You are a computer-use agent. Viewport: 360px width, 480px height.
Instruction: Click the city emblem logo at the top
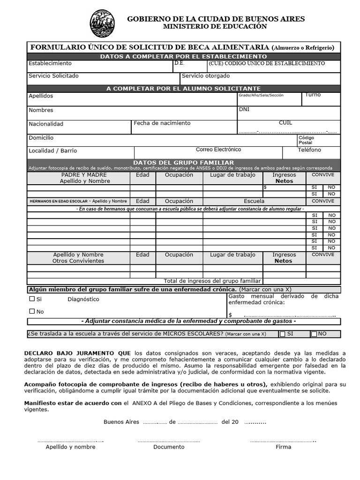pyautogui.click(x=102, y=23)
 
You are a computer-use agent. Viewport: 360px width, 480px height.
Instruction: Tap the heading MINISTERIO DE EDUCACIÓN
pyautogui.click(x=215, y=27)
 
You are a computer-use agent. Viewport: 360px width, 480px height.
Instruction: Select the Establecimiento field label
pyautogui.click(x=50, y=63)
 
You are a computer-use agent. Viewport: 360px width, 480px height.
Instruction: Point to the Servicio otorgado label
pyautogui.click(x=206, y=76)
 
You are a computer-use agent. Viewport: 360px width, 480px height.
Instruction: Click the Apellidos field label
pyautogui.click(x=41, y=96)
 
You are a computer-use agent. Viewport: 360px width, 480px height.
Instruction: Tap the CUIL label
pyautogui.click(x=285, y=123)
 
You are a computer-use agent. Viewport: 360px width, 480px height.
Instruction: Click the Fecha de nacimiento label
pyautogui.click(x=162, y=123)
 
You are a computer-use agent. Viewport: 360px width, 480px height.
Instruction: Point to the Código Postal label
pyautogui.click(x=306, y=140)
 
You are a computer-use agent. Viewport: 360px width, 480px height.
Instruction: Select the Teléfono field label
pyautogui.click(x=309, y=150)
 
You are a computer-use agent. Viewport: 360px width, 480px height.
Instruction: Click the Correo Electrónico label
pyautogui.click(x=218, y=150)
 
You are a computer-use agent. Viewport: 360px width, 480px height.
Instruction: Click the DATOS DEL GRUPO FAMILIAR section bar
pyautogui.click(x=184, y=163)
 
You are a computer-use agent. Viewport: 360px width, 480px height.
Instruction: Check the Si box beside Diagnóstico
pyautogui.click(x=32, y=299)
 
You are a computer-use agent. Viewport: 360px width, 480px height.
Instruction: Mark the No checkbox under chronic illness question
pyautogui.click(x=32, y=311)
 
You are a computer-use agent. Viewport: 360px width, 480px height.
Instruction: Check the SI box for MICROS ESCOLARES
pyautogui.click(x=282, y=334)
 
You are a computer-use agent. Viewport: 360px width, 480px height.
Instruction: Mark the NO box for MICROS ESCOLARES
pyautogui.click(x=314, y=334)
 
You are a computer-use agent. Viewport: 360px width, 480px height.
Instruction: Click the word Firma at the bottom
pyautogui.click(x=283, y=447)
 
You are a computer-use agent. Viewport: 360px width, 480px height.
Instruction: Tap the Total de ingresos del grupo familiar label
pyautogui.click(x=212, y=281)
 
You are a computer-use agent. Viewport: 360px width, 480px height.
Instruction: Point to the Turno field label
pyautogui.click(x=313, y=95)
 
